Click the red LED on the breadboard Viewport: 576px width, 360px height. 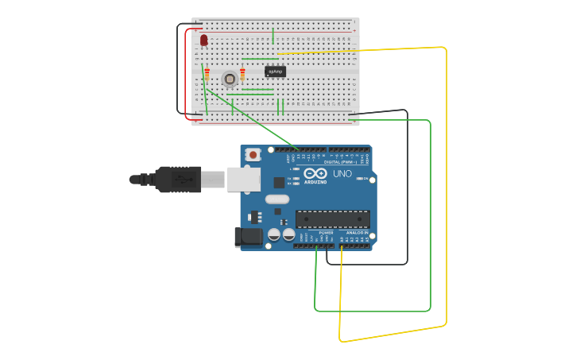203,39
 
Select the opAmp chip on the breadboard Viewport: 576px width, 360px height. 275,72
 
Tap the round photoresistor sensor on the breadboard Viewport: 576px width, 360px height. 230,78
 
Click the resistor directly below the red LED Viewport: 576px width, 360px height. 207,75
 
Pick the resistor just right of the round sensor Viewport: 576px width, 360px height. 242,74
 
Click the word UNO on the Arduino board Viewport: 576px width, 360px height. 342,174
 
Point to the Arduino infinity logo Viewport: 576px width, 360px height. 315,174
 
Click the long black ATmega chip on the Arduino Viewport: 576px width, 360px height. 332,219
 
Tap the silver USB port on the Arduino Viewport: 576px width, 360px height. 243,180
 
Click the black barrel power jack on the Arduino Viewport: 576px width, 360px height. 247,237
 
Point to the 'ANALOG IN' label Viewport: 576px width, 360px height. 357,233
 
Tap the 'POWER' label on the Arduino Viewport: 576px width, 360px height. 326,233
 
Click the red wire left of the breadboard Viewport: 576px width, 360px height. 186,75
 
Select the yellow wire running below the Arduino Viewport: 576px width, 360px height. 393,333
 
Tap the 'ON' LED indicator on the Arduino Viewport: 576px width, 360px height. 363,179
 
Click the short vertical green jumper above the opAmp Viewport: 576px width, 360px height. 273,36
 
